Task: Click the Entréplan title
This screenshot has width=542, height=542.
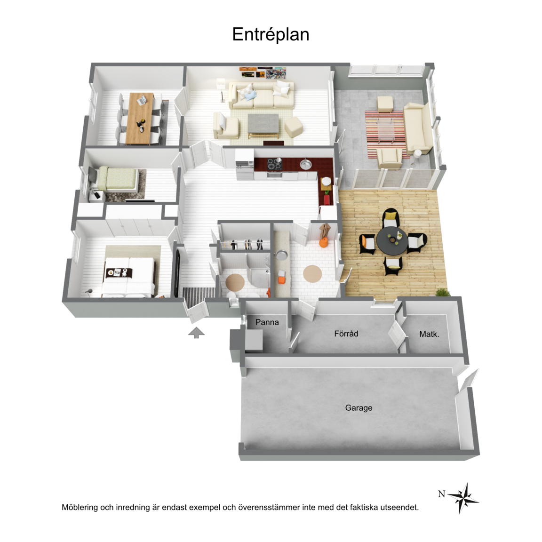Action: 271,34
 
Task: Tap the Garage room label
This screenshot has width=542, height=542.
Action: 359,408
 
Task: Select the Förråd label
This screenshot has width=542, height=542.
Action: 346,334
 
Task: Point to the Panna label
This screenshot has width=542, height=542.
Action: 267,322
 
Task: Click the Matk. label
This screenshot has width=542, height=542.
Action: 429,334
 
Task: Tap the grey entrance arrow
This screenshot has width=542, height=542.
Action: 196,332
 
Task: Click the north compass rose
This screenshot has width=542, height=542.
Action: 463,498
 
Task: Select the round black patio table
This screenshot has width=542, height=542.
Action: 391,240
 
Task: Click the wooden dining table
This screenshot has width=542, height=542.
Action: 140,118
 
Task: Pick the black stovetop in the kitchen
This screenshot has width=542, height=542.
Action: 275,164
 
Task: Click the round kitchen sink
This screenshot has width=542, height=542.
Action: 306,164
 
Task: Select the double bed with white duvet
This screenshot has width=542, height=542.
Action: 128,277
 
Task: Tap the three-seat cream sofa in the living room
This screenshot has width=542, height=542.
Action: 261,95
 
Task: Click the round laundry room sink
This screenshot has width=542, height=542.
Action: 282,255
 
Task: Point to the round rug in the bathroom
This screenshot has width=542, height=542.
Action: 235,282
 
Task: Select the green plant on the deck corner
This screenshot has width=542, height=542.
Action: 442,293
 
